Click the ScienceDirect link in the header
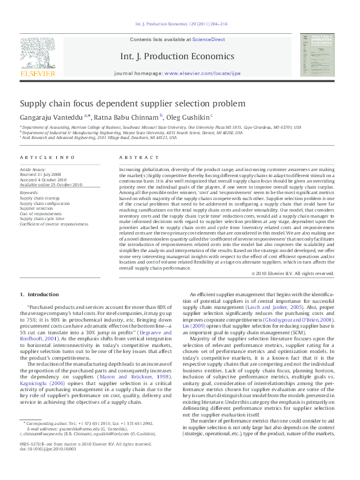209,39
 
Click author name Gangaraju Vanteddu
53,117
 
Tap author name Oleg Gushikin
188,117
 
